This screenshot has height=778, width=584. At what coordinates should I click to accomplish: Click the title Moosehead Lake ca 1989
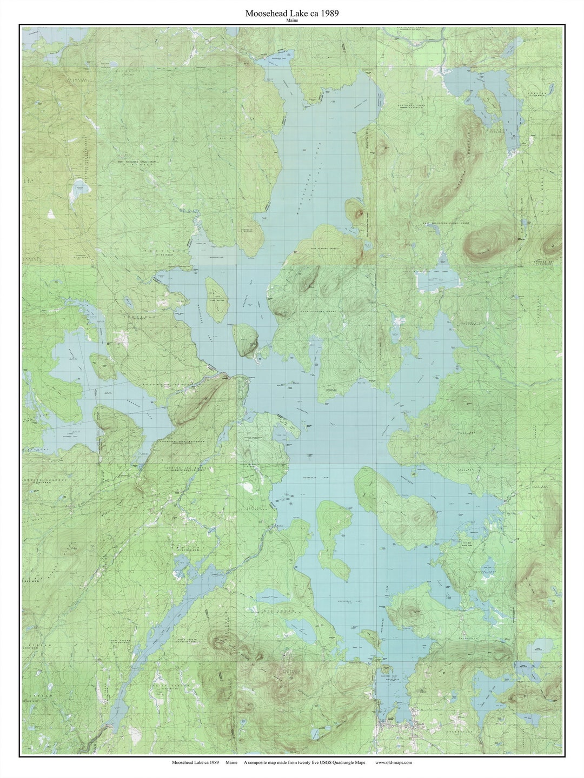[292, 13]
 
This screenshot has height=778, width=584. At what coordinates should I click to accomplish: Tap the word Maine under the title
[292, 21]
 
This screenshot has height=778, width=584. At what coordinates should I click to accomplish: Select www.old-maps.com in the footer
[393, 762]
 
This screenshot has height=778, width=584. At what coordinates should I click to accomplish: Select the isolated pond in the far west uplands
[78, 189]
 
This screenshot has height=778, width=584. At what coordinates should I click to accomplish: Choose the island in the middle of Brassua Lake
[103, 366]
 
